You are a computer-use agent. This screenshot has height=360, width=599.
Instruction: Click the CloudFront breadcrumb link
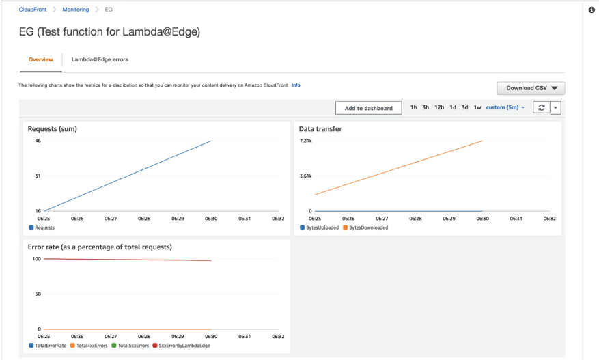click(x=32, y=10)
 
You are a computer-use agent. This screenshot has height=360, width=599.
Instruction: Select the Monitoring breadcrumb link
click(x=75, y=10)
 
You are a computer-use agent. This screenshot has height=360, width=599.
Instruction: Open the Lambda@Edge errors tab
click(x=100, y=60)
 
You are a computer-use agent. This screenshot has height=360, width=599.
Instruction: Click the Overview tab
click(x=40, y=60)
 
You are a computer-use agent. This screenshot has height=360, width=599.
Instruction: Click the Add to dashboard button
click(x=368, y=108)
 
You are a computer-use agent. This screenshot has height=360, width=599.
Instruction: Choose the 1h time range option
click(x=414, y=107)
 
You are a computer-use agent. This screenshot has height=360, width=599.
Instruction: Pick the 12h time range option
click(x=439, y=107)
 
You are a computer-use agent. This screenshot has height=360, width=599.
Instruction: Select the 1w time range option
click(x=477, y=107)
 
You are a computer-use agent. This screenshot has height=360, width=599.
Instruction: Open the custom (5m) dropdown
click(x=505, y=107)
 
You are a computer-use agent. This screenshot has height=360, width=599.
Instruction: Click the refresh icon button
click(x=541, y=108)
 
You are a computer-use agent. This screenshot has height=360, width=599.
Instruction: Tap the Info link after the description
click(x=296, y=85)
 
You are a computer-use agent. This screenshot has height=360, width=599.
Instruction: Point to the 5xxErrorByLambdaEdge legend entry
click(x=181, y=346)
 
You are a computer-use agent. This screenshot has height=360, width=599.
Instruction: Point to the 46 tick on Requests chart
click(x=38, y=141)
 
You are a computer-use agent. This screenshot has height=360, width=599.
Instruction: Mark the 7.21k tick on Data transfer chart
click(x=306, y=141)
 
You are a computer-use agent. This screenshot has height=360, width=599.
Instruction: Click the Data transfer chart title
click(x=320, y=128)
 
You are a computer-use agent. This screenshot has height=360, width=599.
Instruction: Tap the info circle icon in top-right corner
click(x=591, y=10)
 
